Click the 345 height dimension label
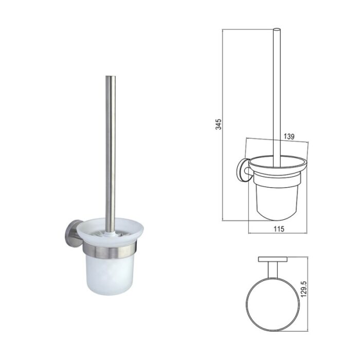pos(219,124)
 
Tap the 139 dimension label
pos(289,136)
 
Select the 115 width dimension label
pos(279,229)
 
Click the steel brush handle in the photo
pos(110,154)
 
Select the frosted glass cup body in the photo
pos(110,276)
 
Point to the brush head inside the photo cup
pos(108,233)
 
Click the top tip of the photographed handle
pos(110,76)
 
